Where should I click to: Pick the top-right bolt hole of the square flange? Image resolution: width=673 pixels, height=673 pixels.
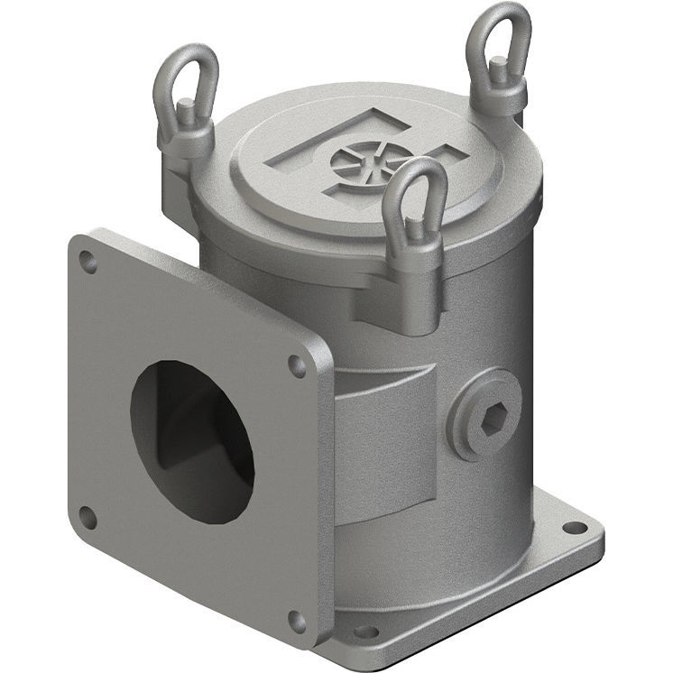click(x=296, y=365)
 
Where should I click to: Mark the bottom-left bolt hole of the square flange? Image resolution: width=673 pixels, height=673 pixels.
click(x=87, y=517)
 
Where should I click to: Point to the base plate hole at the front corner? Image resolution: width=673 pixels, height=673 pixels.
click(x=365, y=632)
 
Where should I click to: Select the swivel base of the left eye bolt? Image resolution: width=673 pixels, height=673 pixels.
click(x=186, y=135)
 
